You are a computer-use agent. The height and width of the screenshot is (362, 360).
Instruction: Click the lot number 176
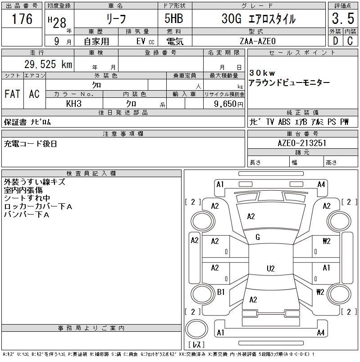point(22,18)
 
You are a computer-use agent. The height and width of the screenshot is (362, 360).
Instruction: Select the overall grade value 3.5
point(343,18)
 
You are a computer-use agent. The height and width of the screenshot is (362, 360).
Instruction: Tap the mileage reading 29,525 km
point(48,64)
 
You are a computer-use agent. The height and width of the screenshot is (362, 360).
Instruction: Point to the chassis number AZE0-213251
point(302,143)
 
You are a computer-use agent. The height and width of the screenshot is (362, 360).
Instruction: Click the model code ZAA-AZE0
point(258,41)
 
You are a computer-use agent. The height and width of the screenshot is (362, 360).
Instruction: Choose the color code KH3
point(74,104)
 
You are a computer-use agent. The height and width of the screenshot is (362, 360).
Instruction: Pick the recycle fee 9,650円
point(228,104)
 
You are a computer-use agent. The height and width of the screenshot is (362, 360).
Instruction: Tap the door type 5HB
point(174,18)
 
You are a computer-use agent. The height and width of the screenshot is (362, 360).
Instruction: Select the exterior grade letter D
point(336,41)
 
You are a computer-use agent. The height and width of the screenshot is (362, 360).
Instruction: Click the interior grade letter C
point(350,41)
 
